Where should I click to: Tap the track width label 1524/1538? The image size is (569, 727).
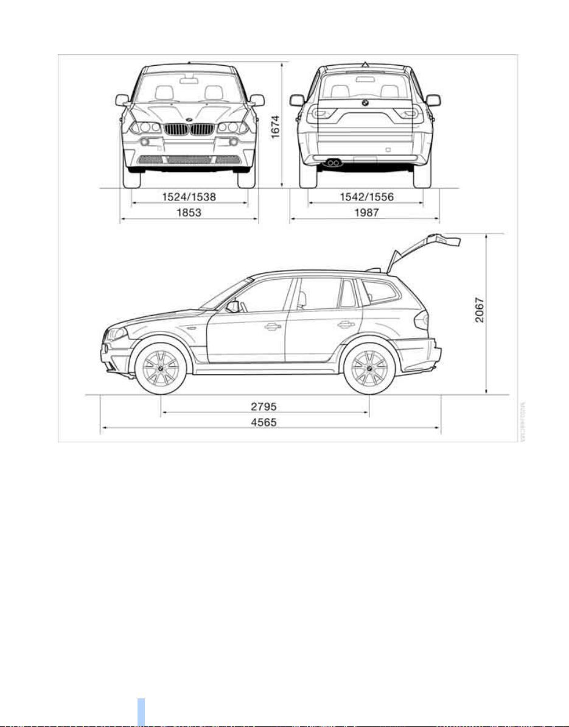coord(190,197)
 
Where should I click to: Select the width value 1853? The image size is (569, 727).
coord(190,213)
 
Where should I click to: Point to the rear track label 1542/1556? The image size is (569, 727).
coord(365,197)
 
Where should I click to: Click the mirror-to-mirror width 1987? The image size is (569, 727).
coord(365,213)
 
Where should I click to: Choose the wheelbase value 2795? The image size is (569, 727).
coord(265,405)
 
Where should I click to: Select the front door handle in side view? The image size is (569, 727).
coord(273,327)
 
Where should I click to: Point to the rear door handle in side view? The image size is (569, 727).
coord(347,325)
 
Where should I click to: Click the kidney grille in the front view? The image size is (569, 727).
coord(190,129)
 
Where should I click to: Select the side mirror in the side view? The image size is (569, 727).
coord(232,306)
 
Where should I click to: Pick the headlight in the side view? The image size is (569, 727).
coord(117,334)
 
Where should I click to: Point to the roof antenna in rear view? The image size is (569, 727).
coord(365,64)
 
